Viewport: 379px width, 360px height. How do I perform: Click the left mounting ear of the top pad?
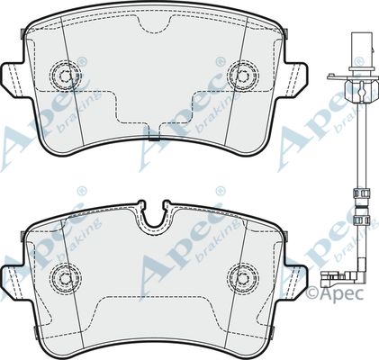(x=15, y=79)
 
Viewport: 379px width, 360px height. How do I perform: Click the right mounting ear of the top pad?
(x=294, y=79)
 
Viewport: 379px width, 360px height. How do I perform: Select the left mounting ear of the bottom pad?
(x=15, y=282)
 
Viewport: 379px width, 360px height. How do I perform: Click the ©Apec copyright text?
(x=335, y=292)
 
